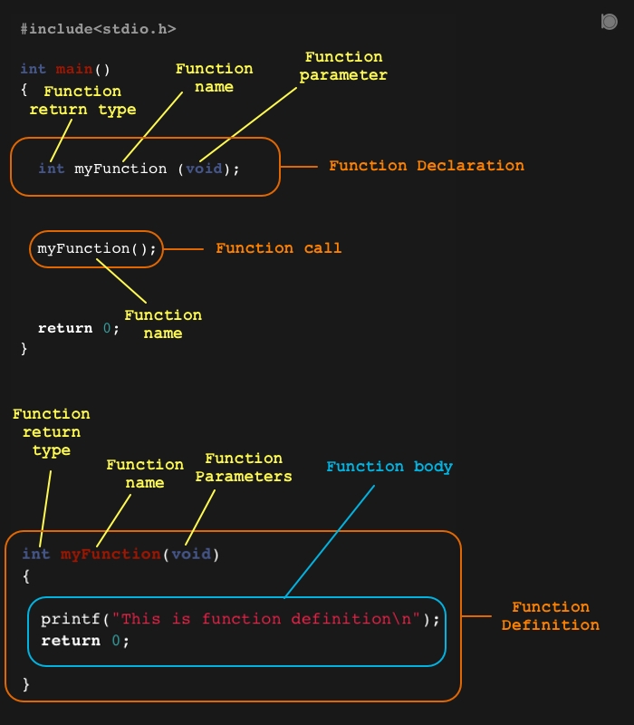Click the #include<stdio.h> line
click(98, 29)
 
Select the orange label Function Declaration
click(426, 166)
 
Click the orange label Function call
click(278, 248)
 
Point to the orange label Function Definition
click(550, 616)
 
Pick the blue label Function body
click(389, 467)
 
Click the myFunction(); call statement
click(97, 248)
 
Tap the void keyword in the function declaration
click(204, 169)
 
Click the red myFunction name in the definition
click(110, 554)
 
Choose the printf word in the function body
click(71, 619)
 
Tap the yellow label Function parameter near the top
click(343, 66)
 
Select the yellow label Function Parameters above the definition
click(244, 468)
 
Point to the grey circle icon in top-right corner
click(610, 22)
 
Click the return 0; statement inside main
click(78, 328)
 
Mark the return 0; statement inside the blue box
click(85, 641)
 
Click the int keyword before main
click(33, 69)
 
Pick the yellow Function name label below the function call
click(163, 324)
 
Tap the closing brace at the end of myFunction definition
click(26, 682)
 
